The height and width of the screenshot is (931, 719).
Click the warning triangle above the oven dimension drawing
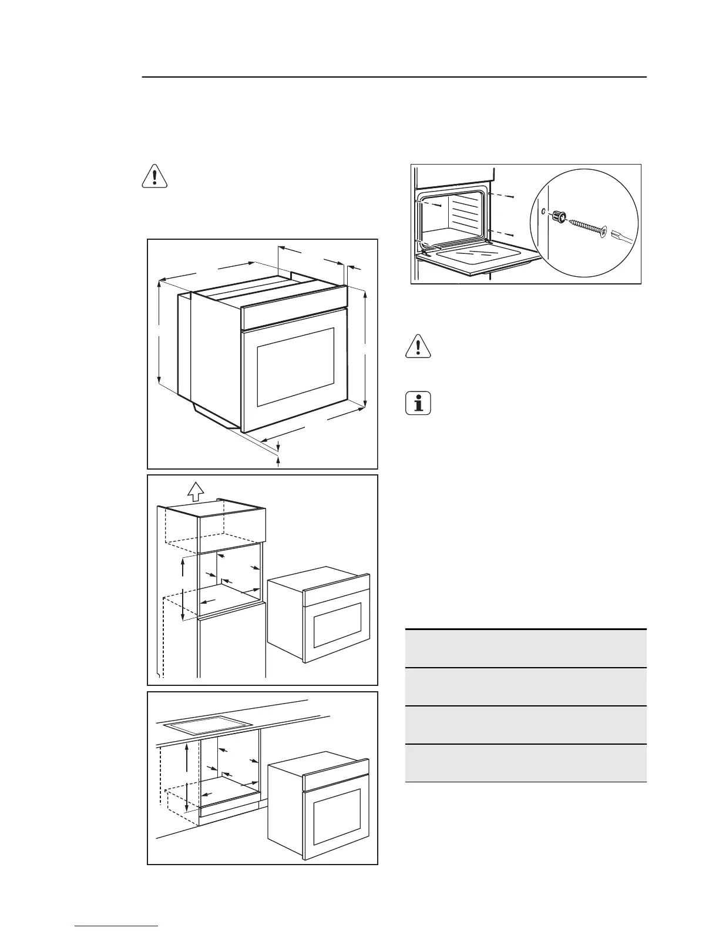(x=155, y=176)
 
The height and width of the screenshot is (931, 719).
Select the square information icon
(x=418, y=404)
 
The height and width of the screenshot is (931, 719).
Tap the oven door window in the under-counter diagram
(x=337, y=817)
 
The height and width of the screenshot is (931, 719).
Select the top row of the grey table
(x=526, y=648)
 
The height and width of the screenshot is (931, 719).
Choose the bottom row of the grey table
(x=526, y=763)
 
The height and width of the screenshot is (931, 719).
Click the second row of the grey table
(x=526, y=686)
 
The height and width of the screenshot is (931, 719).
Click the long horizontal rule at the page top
(x=394, y=77)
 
